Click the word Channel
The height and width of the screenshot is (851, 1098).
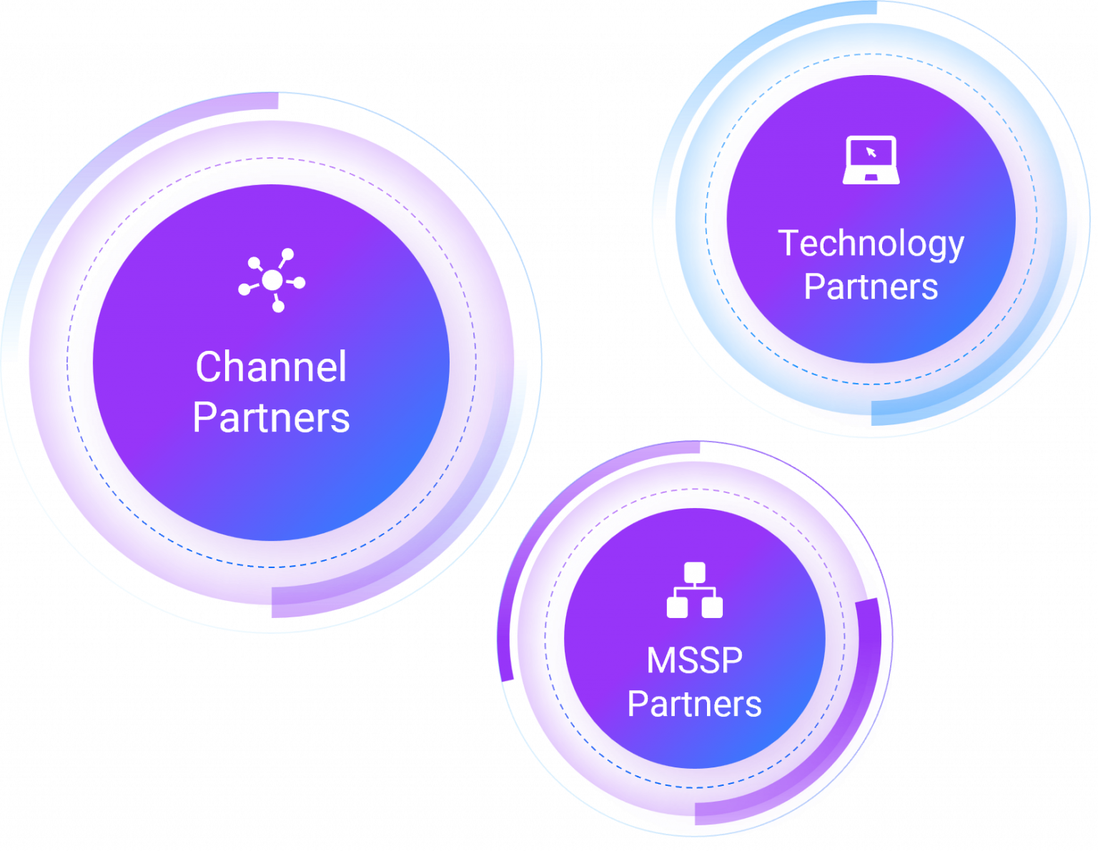click(271, 367)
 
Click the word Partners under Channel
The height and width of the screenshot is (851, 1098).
click(271, 417)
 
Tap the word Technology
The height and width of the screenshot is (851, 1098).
click(871, 244)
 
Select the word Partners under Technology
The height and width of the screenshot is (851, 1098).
click(871, 287)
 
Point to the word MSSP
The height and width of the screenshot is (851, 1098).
click(694, 660)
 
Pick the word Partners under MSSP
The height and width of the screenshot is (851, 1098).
click(694, 704)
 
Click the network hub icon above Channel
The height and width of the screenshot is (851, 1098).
click(272, 280)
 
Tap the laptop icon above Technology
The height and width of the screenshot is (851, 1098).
click(871, 159)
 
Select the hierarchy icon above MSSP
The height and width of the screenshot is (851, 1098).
click(694, 590)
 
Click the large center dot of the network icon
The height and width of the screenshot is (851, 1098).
click(272, 280)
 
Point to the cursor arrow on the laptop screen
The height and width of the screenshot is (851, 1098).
click(871, 152)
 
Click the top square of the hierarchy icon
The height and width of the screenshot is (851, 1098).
click(694, 572)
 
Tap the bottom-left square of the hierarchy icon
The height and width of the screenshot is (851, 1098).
click(677, 607)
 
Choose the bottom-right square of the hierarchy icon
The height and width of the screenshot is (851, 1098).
click(712, 607)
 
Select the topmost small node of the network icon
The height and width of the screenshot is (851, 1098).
click(287, 254)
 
